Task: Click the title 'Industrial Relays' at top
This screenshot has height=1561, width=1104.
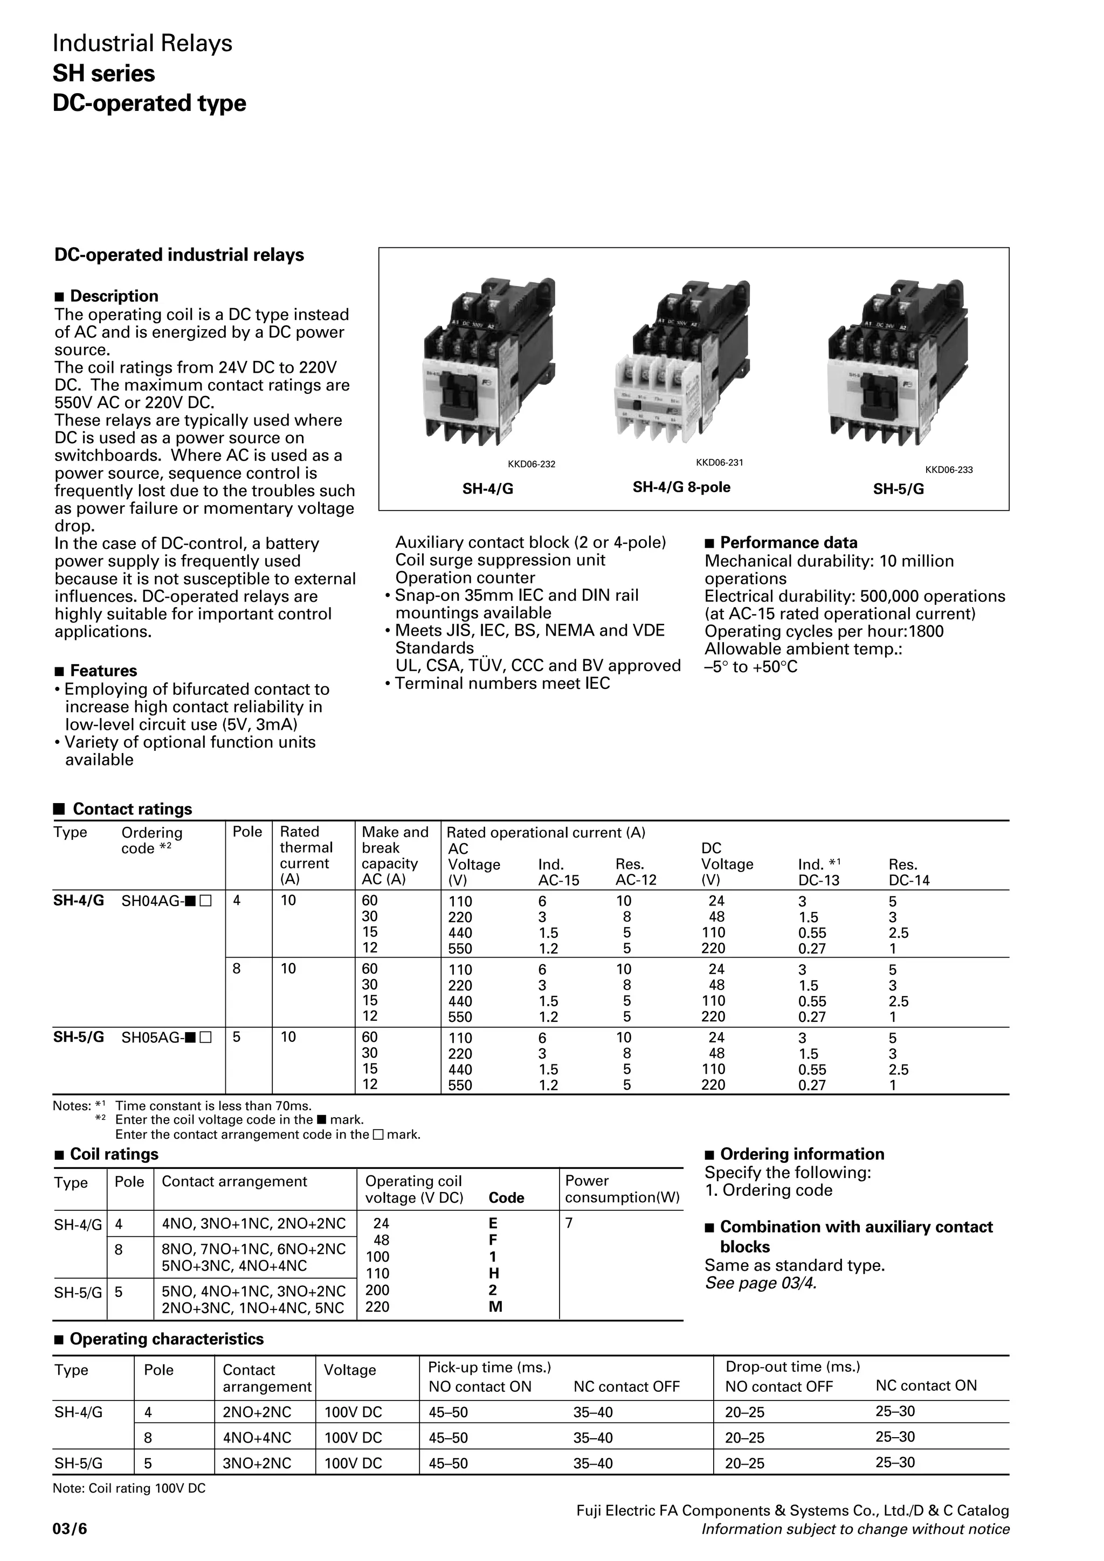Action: (x=142, y=44)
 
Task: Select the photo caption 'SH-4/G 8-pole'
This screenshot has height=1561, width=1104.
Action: (x=681, y=487)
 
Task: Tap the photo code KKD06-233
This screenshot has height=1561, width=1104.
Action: (x=948, y=470)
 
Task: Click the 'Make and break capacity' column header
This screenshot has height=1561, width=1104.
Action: (x=395, y=855)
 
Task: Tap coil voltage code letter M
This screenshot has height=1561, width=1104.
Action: (x=495, y=1307)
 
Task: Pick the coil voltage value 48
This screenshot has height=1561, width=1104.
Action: (x=381, y=1240)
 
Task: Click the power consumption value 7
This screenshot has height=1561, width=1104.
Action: (x=569, y=1223)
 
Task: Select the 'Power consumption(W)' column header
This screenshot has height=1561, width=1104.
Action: (x=622, y=1189)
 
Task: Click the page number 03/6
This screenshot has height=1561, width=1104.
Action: (x=70, y=1530)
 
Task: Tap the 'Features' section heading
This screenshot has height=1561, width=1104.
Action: (x=103, y=671)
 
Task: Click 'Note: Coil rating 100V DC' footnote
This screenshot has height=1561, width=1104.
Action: (x=129, y=1488)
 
